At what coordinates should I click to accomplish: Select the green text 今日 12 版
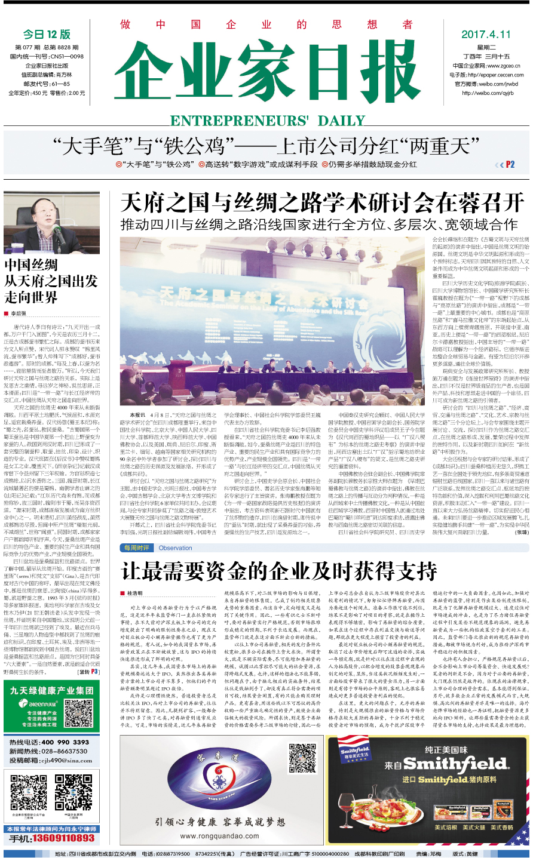tap(47, 35)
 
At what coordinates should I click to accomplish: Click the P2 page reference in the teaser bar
tap(510, 164)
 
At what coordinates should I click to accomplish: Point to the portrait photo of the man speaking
tap(51, 223)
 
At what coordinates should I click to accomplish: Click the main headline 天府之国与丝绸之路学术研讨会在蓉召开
tap(322, 203)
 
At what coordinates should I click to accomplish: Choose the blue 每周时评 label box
tap(137, 548)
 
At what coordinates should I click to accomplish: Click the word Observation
tap(176, 548)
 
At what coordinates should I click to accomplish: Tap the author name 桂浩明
tap(134, 593)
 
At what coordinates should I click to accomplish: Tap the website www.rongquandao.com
tap(219, 835)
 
